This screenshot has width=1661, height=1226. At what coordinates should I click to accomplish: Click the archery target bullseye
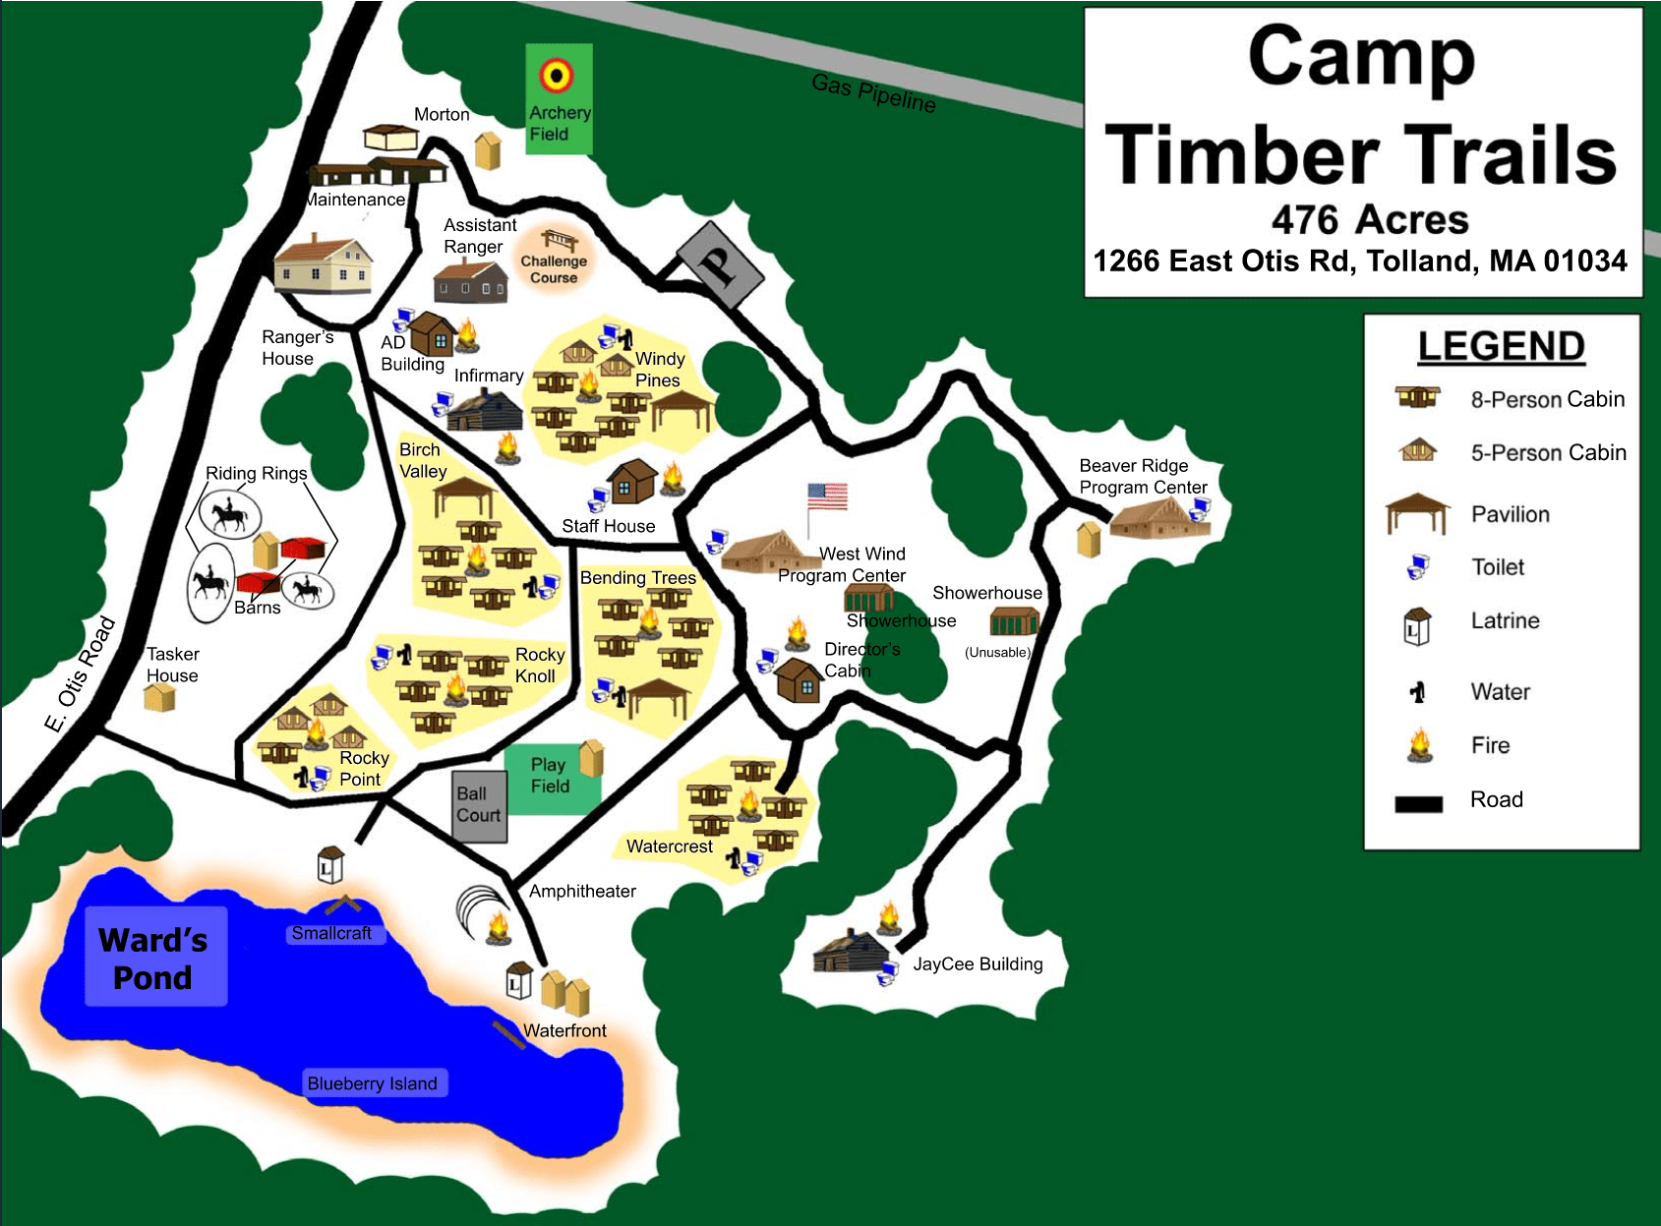click(557, 75)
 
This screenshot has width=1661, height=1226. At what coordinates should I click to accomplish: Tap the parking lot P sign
click(720, 263)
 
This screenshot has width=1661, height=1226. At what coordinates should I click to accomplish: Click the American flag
click(827, 496)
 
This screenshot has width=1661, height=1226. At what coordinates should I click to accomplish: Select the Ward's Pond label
click(154, 959)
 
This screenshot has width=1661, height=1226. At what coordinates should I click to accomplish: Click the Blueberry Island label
click(373, 1083)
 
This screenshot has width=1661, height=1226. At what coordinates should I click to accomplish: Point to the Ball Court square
click(479, 805)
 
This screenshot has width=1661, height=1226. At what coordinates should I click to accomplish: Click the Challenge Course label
click(554, 268)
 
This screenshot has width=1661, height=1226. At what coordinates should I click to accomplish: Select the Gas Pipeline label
click(873, 92)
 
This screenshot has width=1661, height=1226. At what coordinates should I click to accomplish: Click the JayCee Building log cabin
click(851, 952)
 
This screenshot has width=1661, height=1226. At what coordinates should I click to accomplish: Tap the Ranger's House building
click(324, 264)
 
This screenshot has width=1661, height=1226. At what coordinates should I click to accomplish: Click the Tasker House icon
click(159, 698)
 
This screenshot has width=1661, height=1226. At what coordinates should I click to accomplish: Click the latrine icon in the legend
click(1416, 625)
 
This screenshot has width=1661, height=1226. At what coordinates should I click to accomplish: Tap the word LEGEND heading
click(1501, 346)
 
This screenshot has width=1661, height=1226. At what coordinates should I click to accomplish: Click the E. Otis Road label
click(81, 673)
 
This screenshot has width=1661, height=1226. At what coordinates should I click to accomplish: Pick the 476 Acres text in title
click(1369, 219)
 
